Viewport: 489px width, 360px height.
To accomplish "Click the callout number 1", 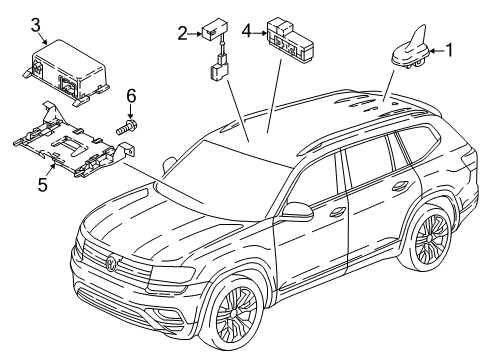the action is pos(449,50).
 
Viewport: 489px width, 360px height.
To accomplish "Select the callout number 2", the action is pos(182,34).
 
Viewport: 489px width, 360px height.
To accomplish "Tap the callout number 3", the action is pos(36,25).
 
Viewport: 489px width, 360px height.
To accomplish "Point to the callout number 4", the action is pos(246,32).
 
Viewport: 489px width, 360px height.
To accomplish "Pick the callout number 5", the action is pos(43,185).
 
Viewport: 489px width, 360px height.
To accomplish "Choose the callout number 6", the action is pos(131,96).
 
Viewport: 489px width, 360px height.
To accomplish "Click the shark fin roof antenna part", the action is pos(411,48).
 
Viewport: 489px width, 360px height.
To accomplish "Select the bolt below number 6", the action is pos(127,127).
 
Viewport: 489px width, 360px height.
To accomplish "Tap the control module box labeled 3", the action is pos(65,73).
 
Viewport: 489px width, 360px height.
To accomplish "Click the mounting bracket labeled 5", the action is pos(73,143).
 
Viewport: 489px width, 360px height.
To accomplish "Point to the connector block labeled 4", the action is pos(290,40).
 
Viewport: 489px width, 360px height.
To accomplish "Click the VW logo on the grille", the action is pos(111,262).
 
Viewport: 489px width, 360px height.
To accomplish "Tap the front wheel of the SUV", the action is pos(236,314).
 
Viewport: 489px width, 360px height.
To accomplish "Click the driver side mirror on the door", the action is pos(297,211).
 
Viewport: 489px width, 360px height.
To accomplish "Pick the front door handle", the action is pos(337,211).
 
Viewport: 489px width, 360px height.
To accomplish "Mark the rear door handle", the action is pos(400,186).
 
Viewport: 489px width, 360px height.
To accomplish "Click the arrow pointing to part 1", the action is pos(437,51).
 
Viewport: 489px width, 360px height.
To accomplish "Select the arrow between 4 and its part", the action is pos(260,33).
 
